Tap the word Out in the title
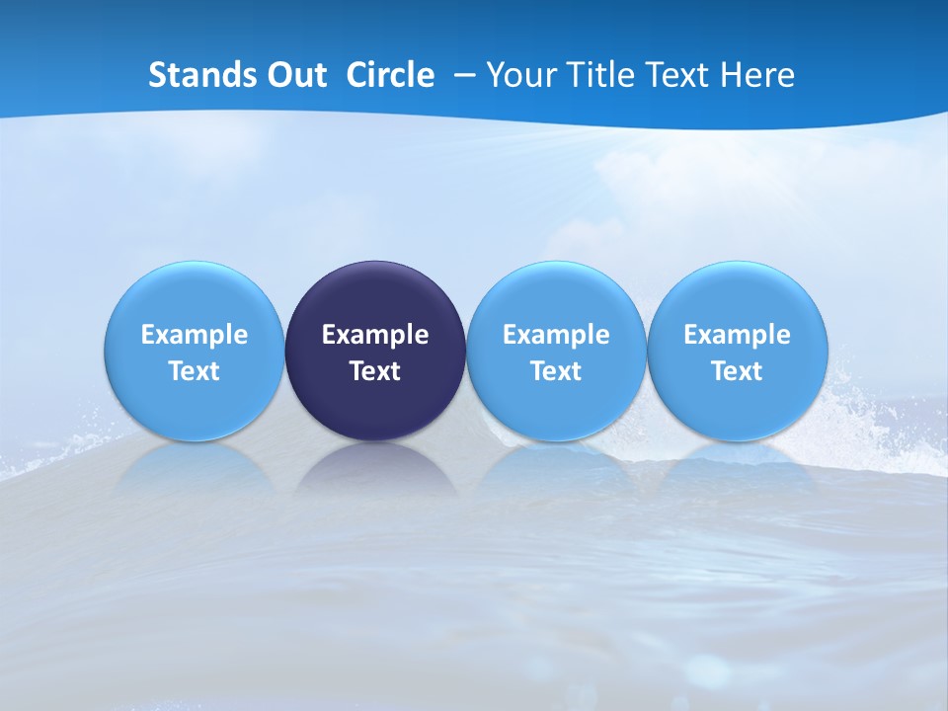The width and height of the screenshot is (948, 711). click(294, 75)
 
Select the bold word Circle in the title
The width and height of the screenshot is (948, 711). click(390, 75)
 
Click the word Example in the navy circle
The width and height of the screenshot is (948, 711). click(375, 335)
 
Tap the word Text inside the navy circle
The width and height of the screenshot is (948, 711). click(375, 371)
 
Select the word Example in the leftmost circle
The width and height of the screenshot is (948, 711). click(195, 335)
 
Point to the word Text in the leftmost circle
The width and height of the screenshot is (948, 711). click(195, 371)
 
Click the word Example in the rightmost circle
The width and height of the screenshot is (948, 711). click(738, 335)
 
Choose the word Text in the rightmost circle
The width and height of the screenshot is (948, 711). click(738, 371)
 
